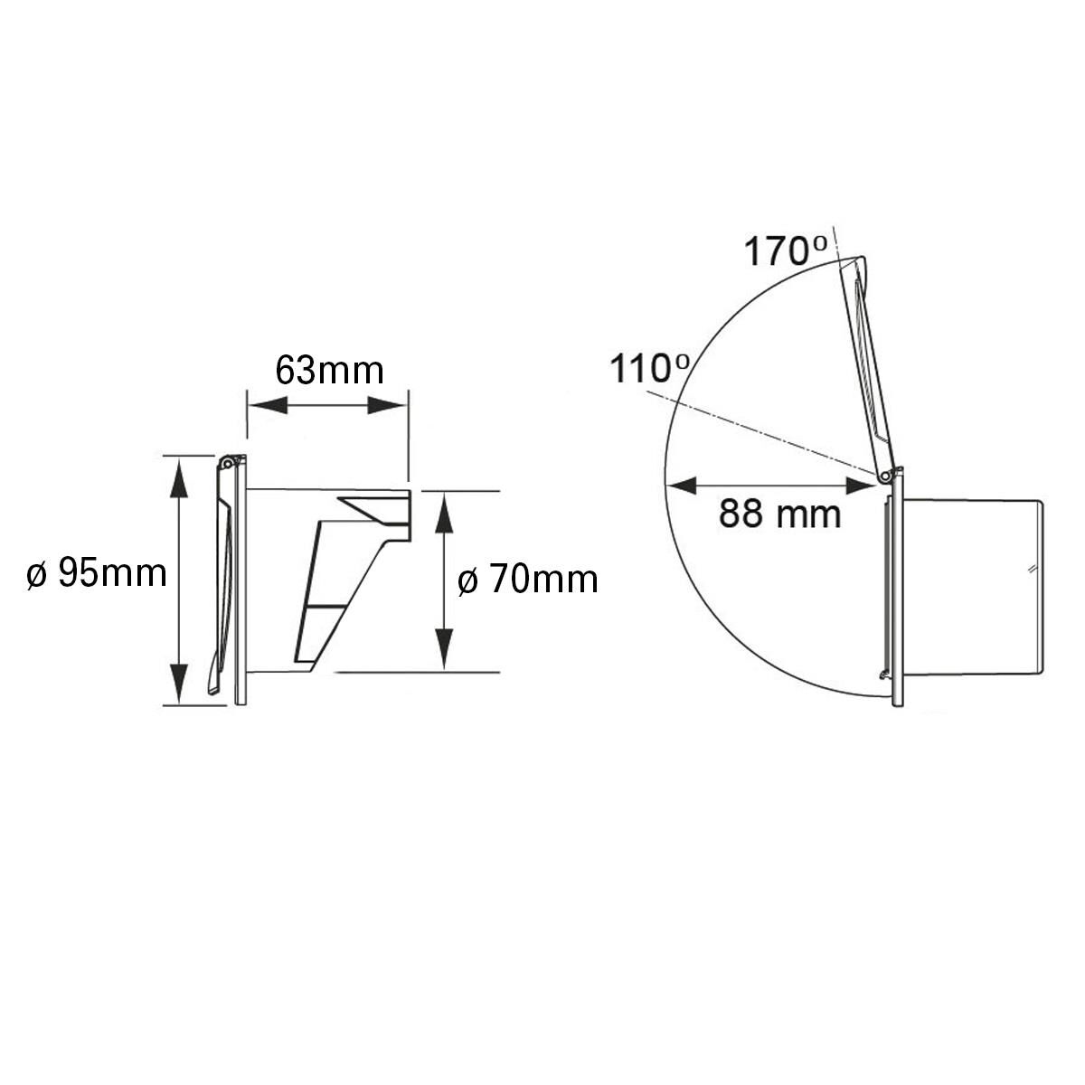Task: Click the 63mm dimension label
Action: pos(329,370)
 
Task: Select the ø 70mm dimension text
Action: pos(527,580)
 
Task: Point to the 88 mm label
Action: pos(779,514)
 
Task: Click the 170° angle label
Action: pos(786,250)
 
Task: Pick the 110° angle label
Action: pos(650,368)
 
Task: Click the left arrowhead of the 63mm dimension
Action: pos(268,405)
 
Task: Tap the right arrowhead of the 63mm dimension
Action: pos(387,405)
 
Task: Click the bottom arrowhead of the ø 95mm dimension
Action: pos(179,684)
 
